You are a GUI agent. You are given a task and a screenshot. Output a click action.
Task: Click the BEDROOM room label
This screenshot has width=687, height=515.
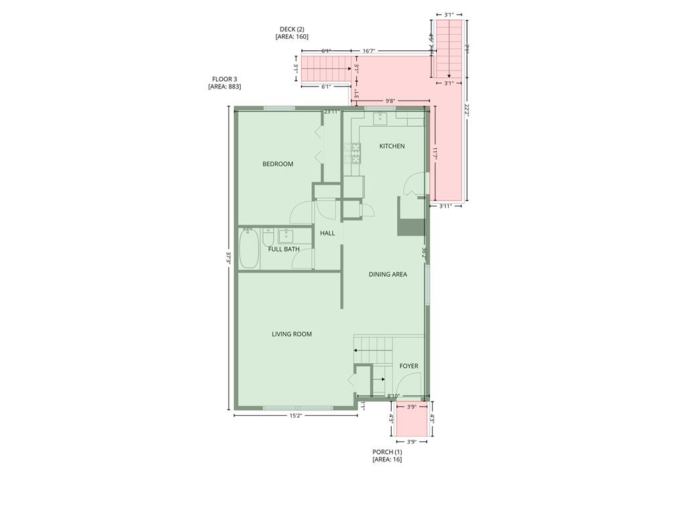point(278,164)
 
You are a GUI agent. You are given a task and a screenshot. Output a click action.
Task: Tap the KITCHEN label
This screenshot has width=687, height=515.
point(392,146)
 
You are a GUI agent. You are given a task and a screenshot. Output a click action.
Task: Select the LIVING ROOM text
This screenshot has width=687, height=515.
point(291,334)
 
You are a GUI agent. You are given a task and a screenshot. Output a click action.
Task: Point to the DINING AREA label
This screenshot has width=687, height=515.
point(388,274)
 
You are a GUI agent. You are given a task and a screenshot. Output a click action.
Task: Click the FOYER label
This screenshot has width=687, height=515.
point(409,366)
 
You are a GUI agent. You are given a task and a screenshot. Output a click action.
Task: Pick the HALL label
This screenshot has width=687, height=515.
point(327,233)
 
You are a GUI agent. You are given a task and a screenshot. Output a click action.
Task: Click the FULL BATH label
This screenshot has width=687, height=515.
point(284,249)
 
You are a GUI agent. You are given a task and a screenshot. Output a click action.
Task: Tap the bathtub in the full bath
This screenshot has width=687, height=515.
point(249,248)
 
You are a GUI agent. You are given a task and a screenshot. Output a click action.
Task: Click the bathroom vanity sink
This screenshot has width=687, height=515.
point(286,235)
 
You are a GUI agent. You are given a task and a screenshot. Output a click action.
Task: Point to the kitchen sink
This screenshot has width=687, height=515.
point(380,118)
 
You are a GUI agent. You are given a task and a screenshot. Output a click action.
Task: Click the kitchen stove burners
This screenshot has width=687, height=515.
point(353,154)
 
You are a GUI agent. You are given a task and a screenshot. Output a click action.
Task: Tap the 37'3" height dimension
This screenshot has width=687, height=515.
point(228,258)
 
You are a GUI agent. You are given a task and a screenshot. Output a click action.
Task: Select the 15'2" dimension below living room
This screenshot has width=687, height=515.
point(295,416)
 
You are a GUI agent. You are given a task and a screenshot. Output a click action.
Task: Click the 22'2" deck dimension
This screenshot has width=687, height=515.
point(467,111)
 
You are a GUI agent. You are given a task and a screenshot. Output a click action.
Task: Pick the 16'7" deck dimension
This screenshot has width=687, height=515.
point(369,51)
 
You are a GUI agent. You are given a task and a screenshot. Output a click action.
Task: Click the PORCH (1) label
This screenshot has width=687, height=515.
point(387,452)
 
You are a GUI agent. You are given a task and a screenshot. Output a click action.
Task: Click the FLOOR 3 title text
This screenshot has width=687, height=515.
point(225,79)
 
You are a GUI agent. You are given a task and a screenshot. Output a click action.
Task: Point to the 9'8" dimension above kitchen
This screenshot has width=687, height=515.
point(390,101)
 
